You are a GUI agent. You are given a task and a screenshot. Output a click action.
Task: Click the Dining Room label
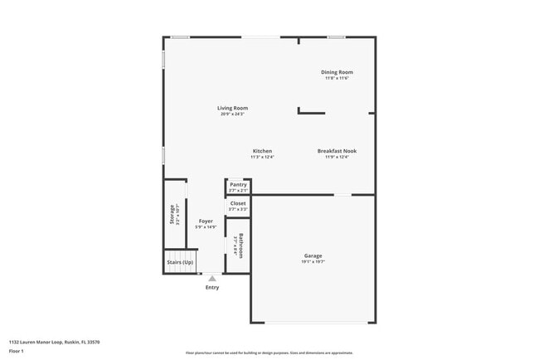pyautogui.click(x=337, y=72)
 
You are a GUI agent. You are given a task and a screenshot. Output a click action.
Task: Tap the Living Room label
pyautogui.click(x=232, y=108)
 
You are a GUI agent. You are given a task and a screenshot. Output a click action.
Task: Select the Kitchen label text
pyautogui.click(x=262, y=151)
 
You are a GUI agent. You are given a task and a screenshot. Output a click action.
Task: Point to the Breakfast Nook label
pyautogui.click(x=337, y=151)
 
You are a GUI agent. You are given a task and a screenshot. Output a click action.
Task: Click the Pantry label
pyautogui.click(x=238, y=185)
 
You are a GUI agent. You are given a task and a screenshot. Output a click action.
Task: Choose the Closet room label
pyautogui.click(x=238, y=203)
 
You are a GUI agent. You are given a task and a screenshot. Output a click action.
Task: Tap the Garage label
pyautogui.click(x=313, y=255)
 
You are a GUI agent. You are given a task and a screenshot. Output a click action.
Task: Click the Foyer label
pyautogui.click(x=205, y=221)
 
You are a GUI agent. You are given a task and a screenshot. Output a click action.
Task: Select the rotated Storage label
pyautogui.click(x=172, y=214)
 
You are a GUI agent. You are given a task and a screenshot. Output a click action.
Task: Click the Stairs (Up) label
pyautogui.click(x=180, y=262)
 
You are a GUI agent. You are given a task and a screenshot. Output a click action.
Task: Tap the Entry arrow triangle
pyautogui.click(x=212, y=279)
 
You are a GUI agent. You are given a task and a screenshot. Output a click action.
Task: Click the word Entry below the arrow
pyautogui.click(x=212, y=287)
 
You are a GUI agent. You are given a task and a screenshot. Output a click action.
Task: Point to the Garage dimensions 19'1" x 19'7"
pyautogui.click(x=313, y=261)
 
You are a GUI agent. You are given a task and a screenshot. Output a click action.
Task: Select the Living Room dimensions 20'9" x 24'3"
pyautogui.click(x=232, y=114)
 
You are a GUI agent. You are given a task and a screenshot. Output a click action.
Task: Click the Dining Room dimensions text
pyautogui.click(x=337, y=78)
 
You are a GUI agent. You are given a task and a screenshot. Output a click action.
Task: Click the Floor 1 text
pyautogui.click(x=16, y=351)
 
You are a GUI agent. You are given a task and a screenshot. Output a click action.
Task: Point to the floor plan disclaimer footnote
pyautogui.click(x=269, y=352)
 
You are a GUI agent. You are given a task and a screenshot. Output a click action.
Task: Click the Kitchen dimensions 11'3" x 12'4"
pyautogui.click(x=262, y=157)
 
